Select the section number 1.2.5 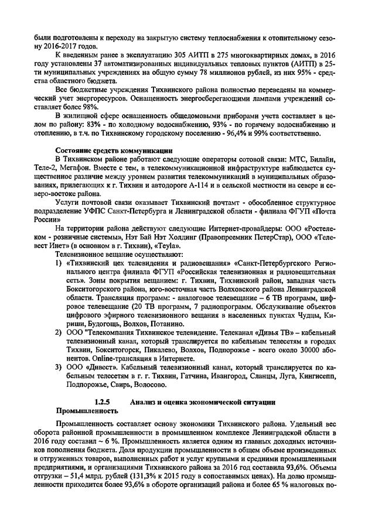(104, 402)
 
